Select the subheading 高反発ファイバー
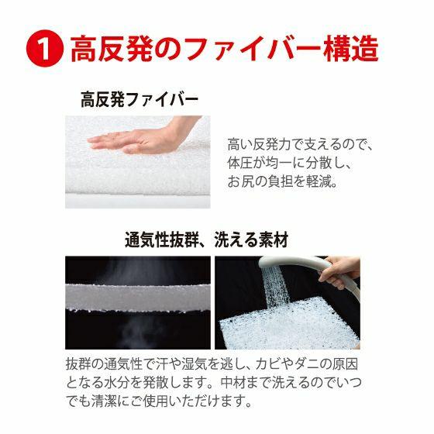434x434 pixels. [139, 100]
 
